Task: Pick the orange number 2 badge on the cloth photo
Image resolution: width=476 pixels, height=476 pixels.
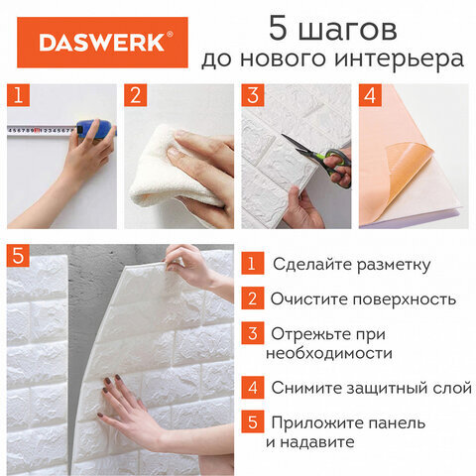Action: (x=137, y=96)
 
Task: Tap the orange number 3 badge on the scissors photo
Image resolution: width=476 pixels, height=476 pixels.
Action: (x=254, y=96)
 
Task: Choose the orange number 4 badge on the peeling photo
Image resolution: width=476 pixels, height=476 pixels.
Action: (x=370, y=96)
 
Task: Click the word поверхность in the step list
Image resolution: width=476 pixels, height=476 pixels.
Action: (x=408, y=298)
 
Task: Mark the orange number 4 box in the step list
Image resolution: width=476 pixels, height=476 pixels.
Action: (x=253, y=387)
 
